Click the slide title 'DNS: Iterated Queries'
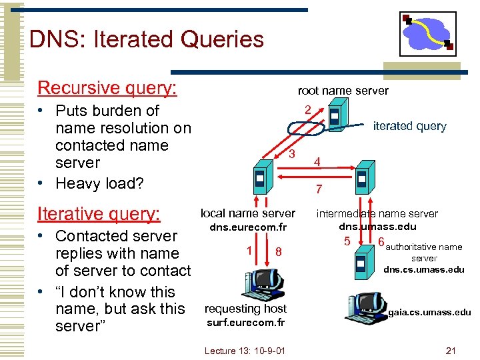pos(147,39)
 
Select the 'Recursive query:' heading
pos(107,88)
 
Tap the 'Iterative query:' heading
pos(99,213)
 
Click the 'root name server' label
pos(343,91)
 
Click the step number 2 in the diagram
pos(307,109)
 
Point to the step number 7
pos(319,190)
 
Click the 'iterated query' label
pos(409,126)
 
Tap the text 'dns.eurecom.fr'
pos(248,227)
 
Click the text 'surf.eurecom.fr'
pos(245,323)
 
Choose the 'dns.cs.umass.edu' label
pos(423,270)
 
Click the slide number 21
pos(450,351)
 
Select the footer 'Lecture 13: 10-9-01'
pos(245,351)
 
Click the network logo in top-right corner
pos(427,33)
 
